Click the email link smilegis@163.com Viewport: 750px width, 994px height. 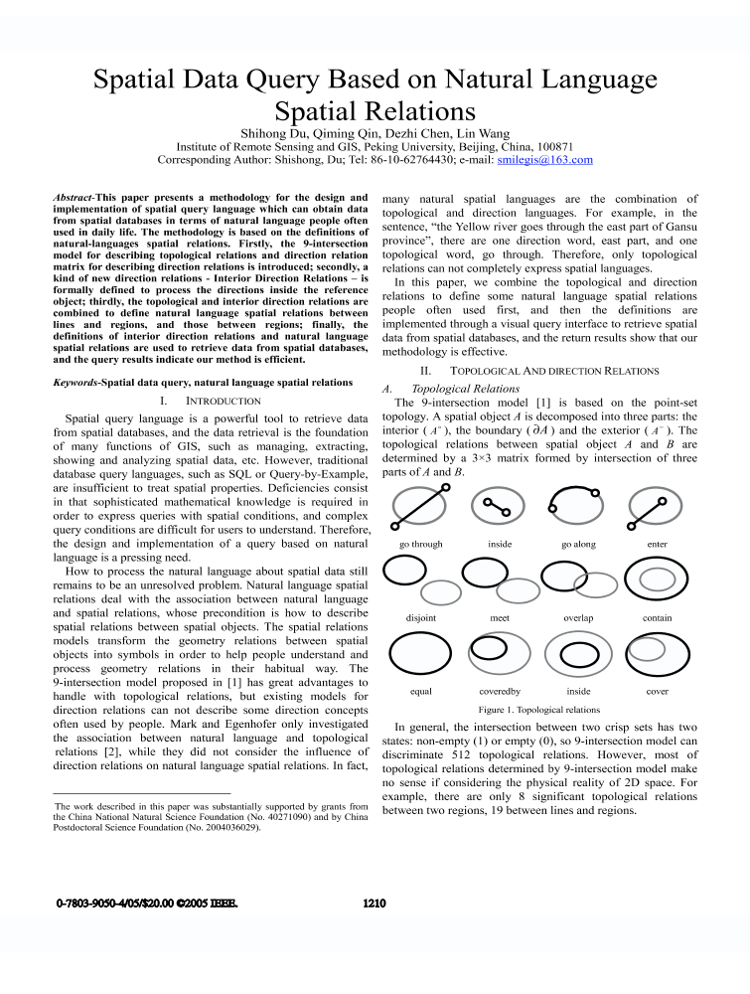tap(544, 159)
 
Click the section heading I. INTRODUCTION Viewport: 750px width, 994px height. tap(210, 401)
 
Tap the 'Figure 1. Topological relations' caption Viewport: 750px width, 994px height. tap(538, 710)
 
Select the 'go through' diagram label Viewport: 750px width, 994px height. tap(420, 544)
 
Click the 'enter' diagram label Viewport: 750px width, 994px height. tap(657, 544)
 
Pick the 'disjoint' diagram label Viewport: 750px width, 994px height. tap(420, 617)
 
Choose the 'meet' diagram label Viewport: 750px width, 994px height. tap(500, 617)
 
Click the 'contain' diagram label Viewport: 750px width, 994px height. tap(657, 617)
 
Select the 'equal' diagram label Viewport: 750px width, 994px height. tap(420, 691)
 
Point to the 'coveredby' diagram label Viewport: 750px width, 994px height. tap(500, 691)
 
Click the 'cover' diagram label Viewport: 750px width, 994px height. tap(657, 691)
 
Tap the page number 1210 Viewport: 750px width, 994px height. tap(375, 904)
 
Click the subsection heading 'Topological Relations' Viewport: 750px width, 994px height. tap(465, 388)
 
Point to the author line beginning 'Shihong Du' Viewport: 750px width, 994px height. tap(375, 131)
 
